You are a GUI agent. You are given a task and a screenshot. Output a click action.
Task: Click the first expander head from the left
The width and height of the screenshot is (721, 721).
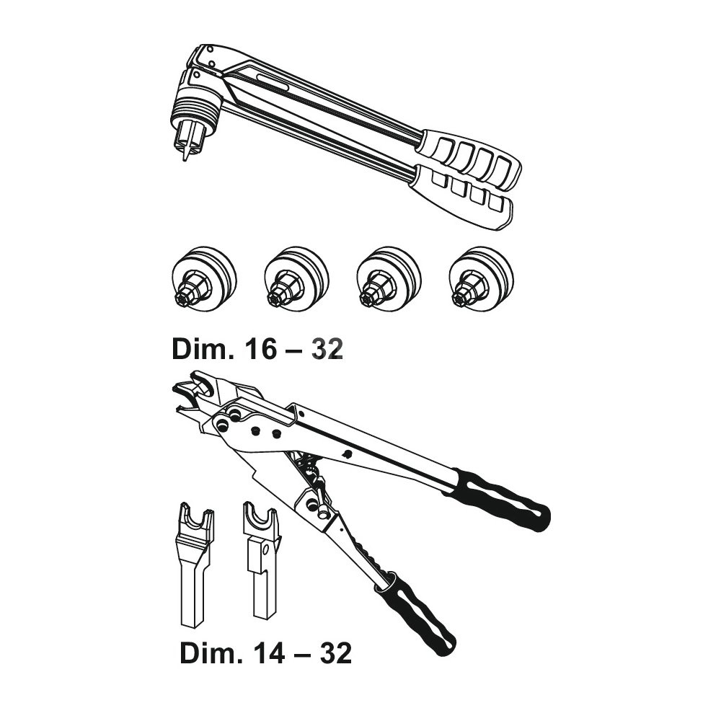pyautogui.click(x=204, y=279)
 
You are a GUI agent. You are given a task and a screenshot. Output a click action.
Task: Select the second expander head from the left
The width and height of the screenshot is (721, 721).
pyautogui.click(x=296, y=279)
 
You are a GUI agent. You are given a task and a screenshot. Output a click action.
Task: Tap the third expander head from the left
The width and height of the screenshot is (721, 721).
pyautogui.click(x=389, y=279)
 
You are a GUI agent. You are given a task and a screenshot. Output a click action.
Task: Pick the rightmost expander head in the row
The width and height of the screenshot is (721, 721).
pyautogui.click(x=482, y=279)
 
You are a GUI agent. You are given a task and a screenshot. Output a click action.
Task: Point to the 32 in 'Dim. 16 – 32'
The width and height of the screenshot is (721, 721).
pyautogui.click(x=327, y=350)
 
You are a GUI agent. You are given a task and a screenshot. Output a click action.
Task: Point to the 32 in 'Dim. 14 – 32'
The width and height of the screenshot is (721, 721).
pyautogui.click(x=335, y=653)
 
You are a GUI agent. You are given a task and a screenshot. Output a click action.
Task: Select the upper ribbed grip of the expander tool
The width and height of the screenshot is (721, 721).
pyautogui.click(x=469, y=159)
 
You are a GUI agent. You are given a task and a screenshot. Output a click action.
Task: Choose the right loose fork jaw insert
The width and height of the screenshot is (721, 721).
pyautogui.click(x=262, y=560)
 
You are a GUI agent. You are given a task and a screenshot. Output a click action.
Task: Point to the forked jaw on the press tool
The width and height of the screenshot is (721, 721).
pyautogui.click(x=194, y=390)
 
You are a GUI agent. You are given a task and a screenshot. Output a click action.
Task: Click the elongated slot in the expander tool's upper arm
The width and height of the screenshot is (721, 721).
pyautogui.click(x=273, y=82)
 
